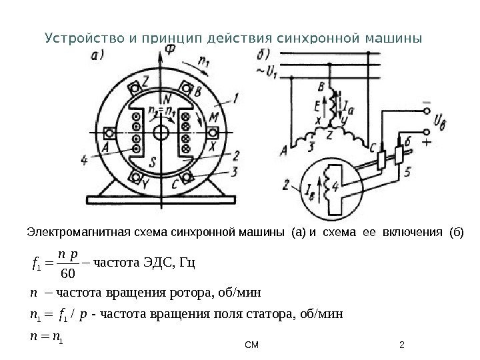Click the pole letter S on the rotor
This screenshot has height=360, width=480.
click(x=153, y=162)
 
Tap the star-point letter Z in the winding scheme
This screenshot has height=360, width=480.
click(x=329, y=133)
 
